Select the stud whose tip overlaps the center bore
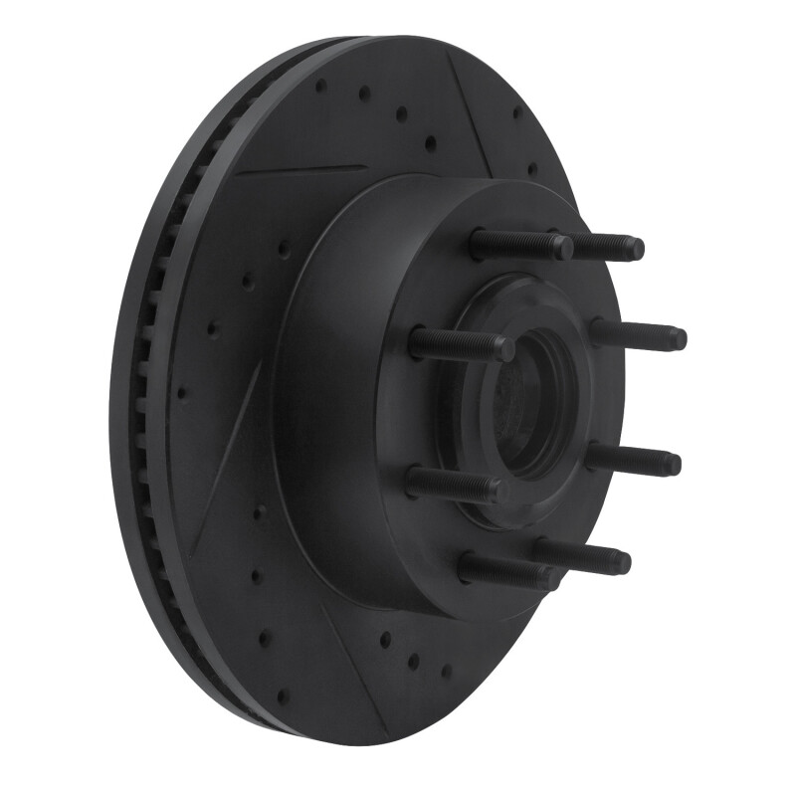[x=462, y=345]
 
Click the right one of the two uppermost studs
[x=607, y=247]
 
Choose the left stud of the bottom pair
[x=507, y=572]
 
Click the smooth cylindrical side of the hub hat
[x=338, y=398]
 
